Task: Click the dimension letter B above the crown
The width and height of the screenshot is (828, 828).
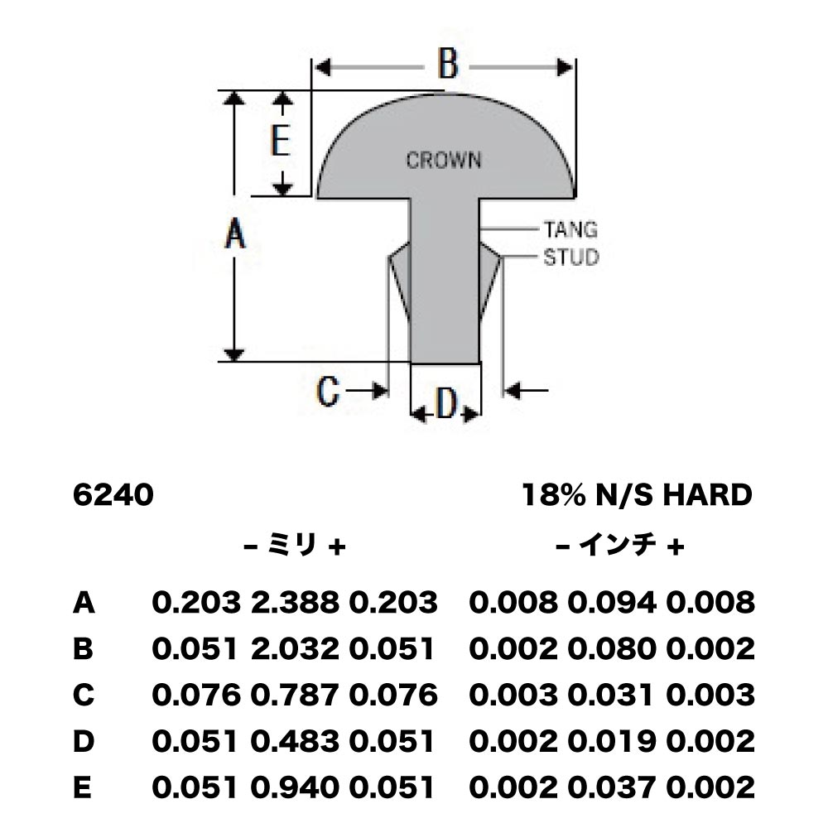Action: [x=448, y=64]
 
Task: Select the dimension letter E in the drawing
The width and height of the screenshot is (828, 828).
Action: [x=281, y=140]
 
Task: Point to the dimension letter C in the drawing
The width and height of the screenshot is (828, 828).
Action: [x=327, y=392]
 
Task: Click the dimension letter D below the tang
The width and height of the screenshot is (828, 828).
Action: [x=447, y=405]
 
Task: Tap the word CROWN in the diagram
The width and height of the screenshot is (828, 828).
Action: [x=444, y=161]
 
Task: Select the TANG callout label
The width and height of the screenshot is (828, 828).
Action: [x=570, y=229]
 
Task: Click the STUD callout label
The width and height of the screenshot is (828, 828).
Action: [x=571, y=258]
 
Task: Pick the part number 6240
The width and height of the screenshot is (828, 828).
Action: [x=113, y=495]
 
